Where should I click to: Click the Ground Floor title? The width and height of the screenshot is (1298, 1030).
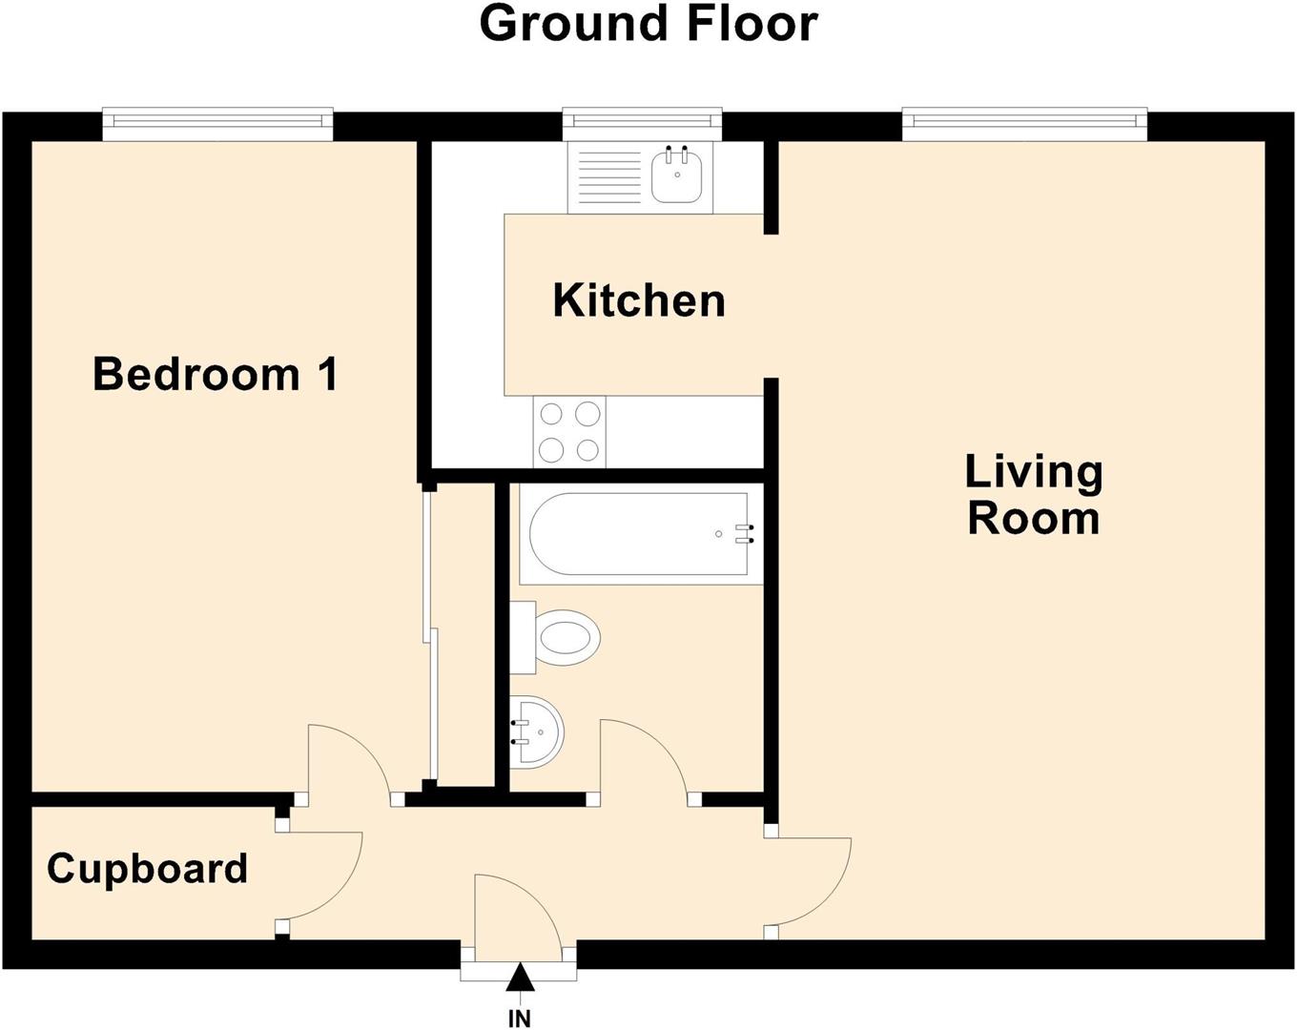(x=648, y=23)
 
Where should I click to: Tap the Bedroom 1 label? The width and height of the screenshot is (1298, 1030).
(x=216, y=374)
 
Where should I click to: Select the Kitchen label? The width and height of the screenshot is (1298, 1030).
(x=639, y=300)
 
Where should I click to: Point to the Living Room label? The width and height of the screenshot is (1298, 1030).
(x=1034, y=495)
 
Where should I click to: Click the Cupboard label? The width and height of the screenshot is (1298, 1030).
(x=147, y=869)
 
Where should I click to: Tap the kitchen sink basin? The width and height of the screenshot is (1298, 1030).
(x=678, y=177)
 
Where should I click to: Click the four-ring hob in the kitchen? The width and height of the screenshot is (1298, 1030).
(x=569, y=432)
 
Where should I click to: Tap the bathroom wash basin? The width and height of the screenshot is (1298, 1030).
(x=539, y=732)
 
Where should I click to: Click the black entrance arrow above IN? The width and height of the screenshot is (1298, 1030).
(x=519, y=978)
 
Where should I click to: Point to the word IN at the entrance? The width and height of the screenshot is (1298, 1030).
(x=519, y=1020)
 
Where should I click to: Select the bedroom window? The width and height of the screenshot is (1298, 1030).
(x=217, y=122)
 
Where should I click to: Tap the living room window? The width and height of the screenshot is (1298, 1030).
(x=1024, y=121)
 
